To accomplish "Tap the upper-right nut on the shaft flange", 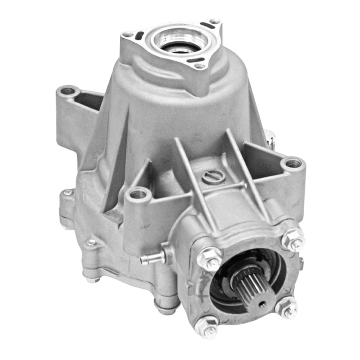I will click(x=293, y=238).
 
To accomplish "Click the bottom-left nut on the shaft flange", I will click(x=209, y=325).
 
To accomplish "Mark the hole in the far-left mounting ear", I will click(x=68, y=91).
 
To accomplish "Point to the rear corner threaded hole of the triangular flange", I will click(x=214, y=21).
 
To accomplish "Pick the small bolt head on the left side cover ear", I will click(x=68, y=193).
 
